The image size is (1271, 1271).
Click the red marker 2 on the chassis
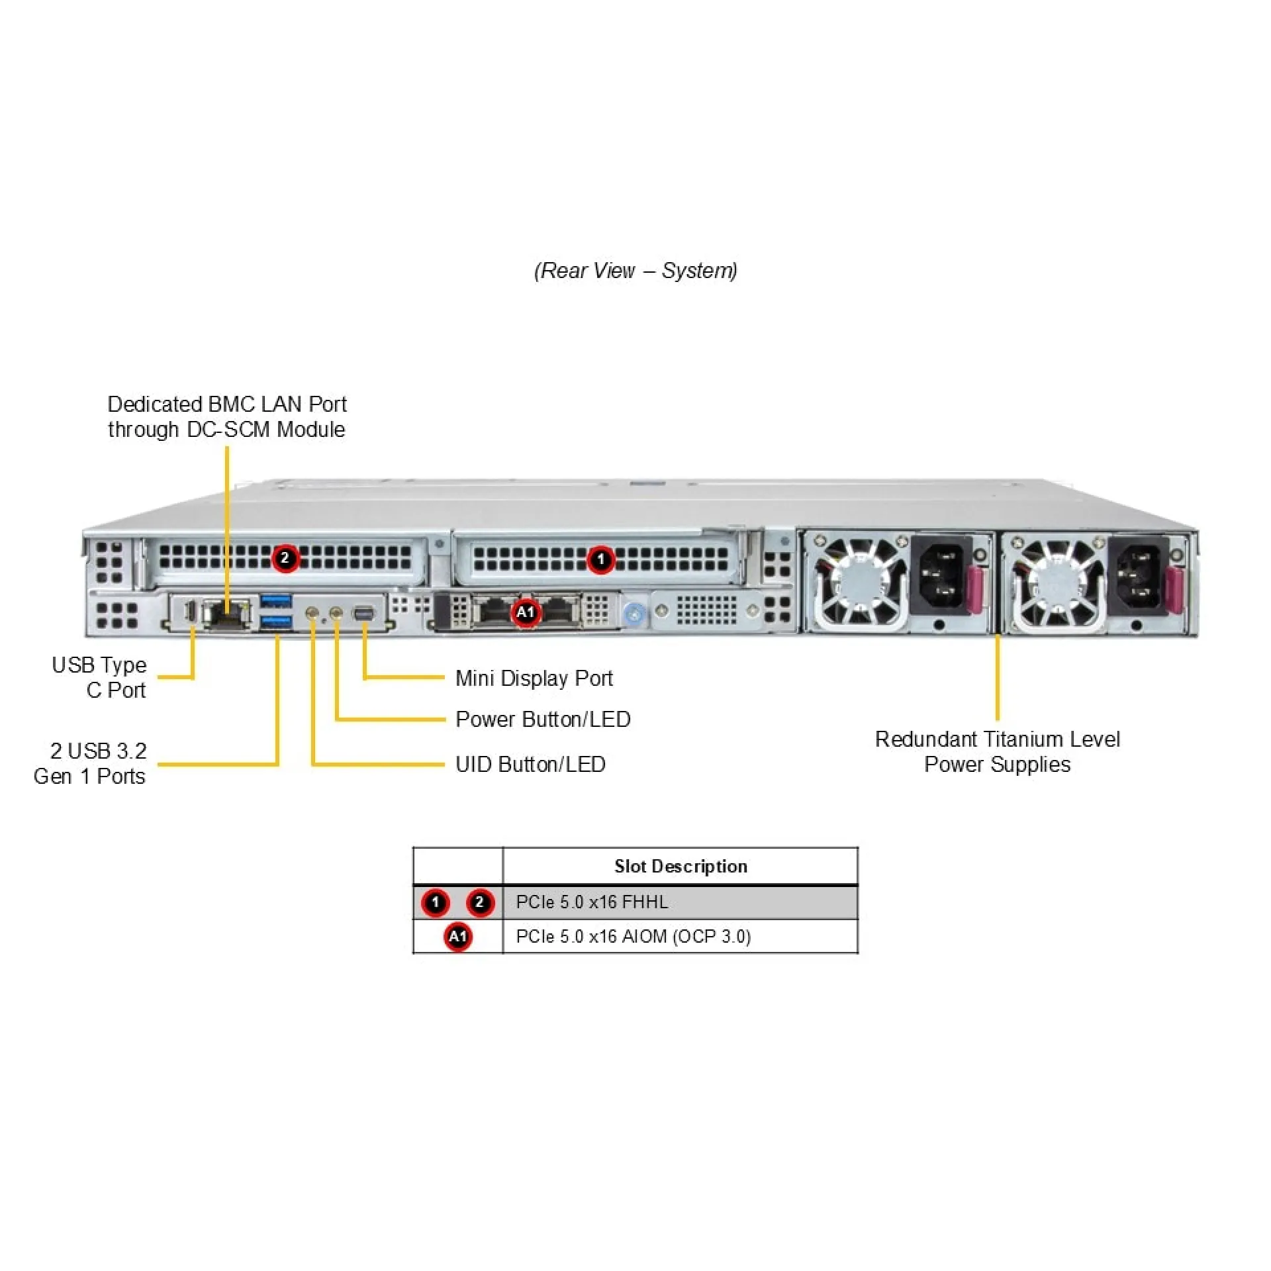[x=285, y=558]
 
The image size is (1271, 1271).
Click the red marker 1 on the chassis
[x=600, y=560]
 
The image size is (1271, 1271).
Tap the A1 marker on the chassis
[x=526, y=612]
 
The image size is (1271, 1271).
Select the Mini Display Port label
[x=534, y=678]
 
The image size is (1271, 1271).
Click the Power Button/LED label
[x=543, y=719]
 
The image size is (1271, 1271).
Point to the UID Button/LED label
[x=530, y=765]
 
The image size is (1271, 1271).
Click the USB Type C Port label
[x=99, y=677]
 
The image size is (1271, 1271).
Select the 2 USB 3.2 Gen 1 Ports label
[x=90, y=763]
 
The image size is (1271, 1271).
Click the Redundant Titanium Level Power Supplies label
[x=997, y=751]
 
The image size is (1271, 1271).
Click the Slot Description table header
[x=680, y=866]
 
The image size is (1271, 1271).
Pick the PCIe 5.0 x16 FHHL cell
[x=592, y=902]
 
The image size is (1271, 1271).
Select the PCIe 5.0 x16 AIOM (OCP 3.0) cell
[x=633, y=937]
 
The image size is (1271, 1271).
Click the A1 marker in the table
[x=457, y=937]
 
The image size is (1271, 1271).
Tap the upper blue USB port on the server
[x=276, y=600]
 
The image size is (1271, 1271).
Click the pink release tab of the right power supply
[x=1174, y=590]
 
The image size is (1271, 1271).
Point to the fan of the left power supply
[x=858, y=583]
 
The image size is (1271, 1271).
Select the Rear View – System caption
[x=635, y=270]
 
